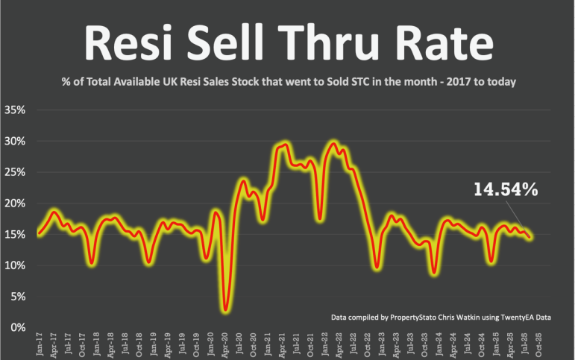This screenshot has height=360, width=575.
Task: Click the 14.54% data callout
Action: (506, 190)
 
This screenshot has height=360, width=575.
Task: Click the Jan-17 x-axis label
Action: (39, 345)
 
